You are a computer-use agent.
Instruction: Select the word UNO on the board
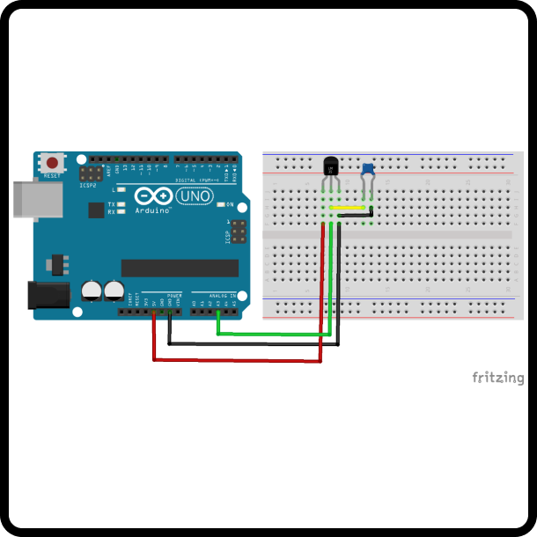(195, 195)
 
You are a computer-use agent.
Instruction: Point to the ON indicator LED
(220, 205)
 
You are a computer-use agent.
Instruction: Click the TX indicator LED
(121, 204)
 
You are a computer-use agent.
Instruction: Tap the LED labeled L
(121, 189)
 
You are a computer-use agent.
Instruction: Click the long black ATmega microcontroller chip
(180, 267)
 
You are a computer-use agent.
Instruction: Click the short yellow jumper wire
(350, 209)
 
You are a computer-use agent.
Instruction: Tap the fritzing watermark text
(497, 378)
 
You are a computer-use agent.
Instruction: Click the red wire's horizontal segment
(238, 360)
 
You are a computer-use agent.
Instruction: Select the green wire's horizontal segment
(273, 334)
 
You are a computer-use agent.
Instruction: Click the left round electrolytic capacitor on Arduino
(92, 290)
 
